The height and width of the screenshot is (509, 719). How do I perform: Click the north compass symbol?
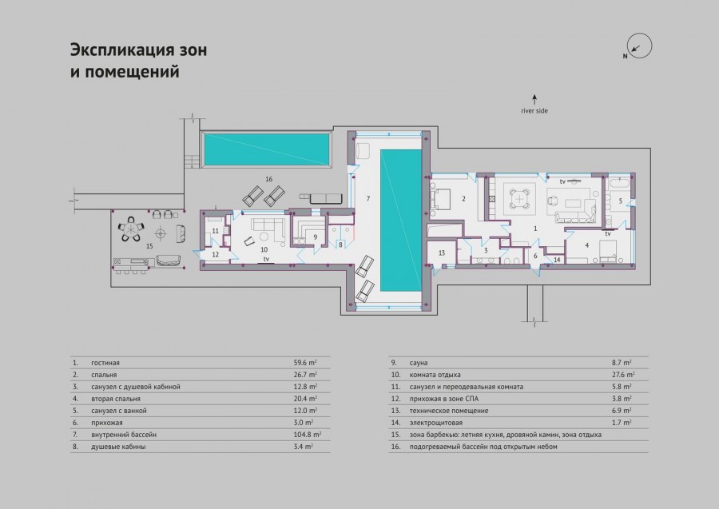coord(640,46)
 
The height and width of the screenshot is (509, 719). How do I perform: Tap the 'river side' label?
coord(534,111)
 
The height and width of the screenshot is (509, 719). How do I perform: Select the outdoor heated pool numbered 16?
coord(266,150)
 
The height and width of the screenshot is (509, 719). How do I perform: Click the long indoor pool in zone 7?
coord(401,220)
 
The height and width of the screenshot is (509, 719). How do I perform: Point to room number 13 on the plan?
coord(442,253)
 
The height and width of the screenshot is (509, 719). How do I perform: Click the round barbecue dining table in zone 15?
coord(132,228)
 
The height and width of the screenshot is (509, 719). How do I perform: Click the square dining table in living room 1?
coord(519,199)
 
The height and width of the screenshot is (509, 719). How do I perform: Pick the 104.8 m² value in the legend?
coord(308,434)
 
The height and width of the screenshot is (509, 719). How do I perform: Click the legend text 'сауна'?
coord(419,363)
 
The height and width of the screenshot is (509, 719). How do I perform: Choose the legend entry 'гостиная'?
coord(105,363)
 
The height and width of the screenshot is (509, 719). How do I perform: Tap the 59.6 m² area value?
coord(305,362)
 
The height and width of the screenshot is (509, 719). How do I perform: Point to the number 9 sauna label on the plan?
coord(316,237)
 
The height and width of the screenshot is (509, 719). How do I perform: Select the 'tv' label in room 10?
coord(266,259)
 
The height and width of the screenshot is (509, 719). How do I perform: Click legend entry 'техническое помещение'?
coord(449,411)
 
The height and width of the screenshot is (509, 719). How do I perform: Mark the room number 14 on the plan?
coord(557,260)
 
